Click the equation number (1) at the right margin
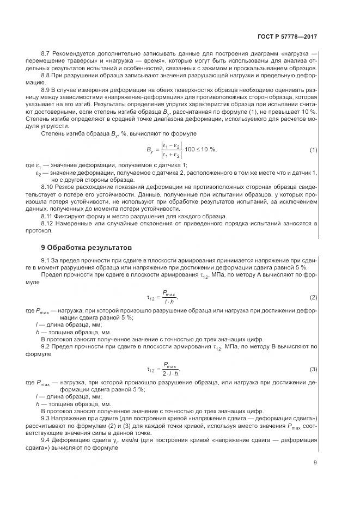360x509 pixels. click(x=313, y=149)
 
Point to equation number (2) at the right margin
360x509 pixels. click(x=313, y=297)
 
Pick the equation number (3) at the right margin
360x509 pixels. click(x=313, y=369)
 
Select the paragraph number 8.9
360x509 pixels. click(x=46, y=88)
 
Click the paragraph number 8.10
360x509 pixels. click(x=47, y=186)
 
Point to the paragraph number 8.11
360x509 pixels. click(x=47, y=216)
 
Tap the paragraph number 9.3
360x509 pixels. click(x=46, y=418)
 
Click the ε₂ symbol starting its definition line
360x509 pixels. click(x=39, y=173)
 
